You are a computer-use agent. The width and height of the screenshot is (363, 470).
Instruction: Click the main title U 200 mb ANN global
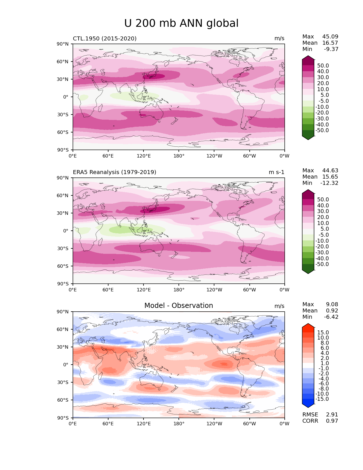(x=181, y=23)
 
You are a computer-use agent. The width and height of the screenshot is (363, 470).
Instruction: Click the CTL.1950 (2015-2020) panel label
(x=104, y=38)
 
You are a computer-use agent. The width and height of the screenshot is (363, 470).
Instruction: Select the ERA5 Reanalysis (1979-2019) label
(x=114, y=172)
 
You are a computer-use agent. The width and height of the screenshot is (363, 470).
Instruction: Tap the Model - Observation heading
(x=179, y=306)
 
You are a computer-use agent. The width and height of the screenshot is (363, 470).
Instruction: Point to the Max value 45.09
(x=330, y=37)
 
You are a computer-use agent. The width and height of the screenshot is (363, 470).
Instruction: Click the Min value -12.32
(x=329, y=183)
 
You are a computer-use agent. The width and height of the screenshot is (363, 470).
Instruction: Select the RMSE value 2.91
(x=332, y=415)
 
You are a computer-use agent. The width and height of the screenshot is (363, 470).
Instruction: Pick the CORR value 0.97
(x=332, y=421)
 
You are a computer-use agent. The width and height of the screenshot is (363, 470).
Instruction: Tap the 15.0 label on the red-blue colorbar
(x=323, y=333)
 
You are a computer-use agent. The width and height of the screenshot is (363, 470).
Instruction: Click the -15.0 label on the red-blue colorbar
(x=322, y=399)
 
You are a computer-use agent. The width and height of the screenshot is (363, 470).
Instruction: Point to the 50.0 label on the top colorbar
(x=323, y=66)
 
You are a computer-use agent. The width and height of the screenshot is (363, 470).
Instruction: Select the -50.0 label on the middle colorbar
(x=322, y=264)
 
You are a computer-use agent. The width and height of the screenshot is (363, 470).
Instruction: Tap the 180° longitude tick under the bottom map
(x=179, y=424)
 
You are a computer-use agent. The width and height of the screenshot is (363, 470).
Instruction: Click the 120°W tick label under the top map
(x=214, y=156)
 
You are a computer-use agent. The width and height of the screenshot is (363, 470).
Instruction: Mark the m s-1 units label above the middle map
(x=276, y=172)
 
